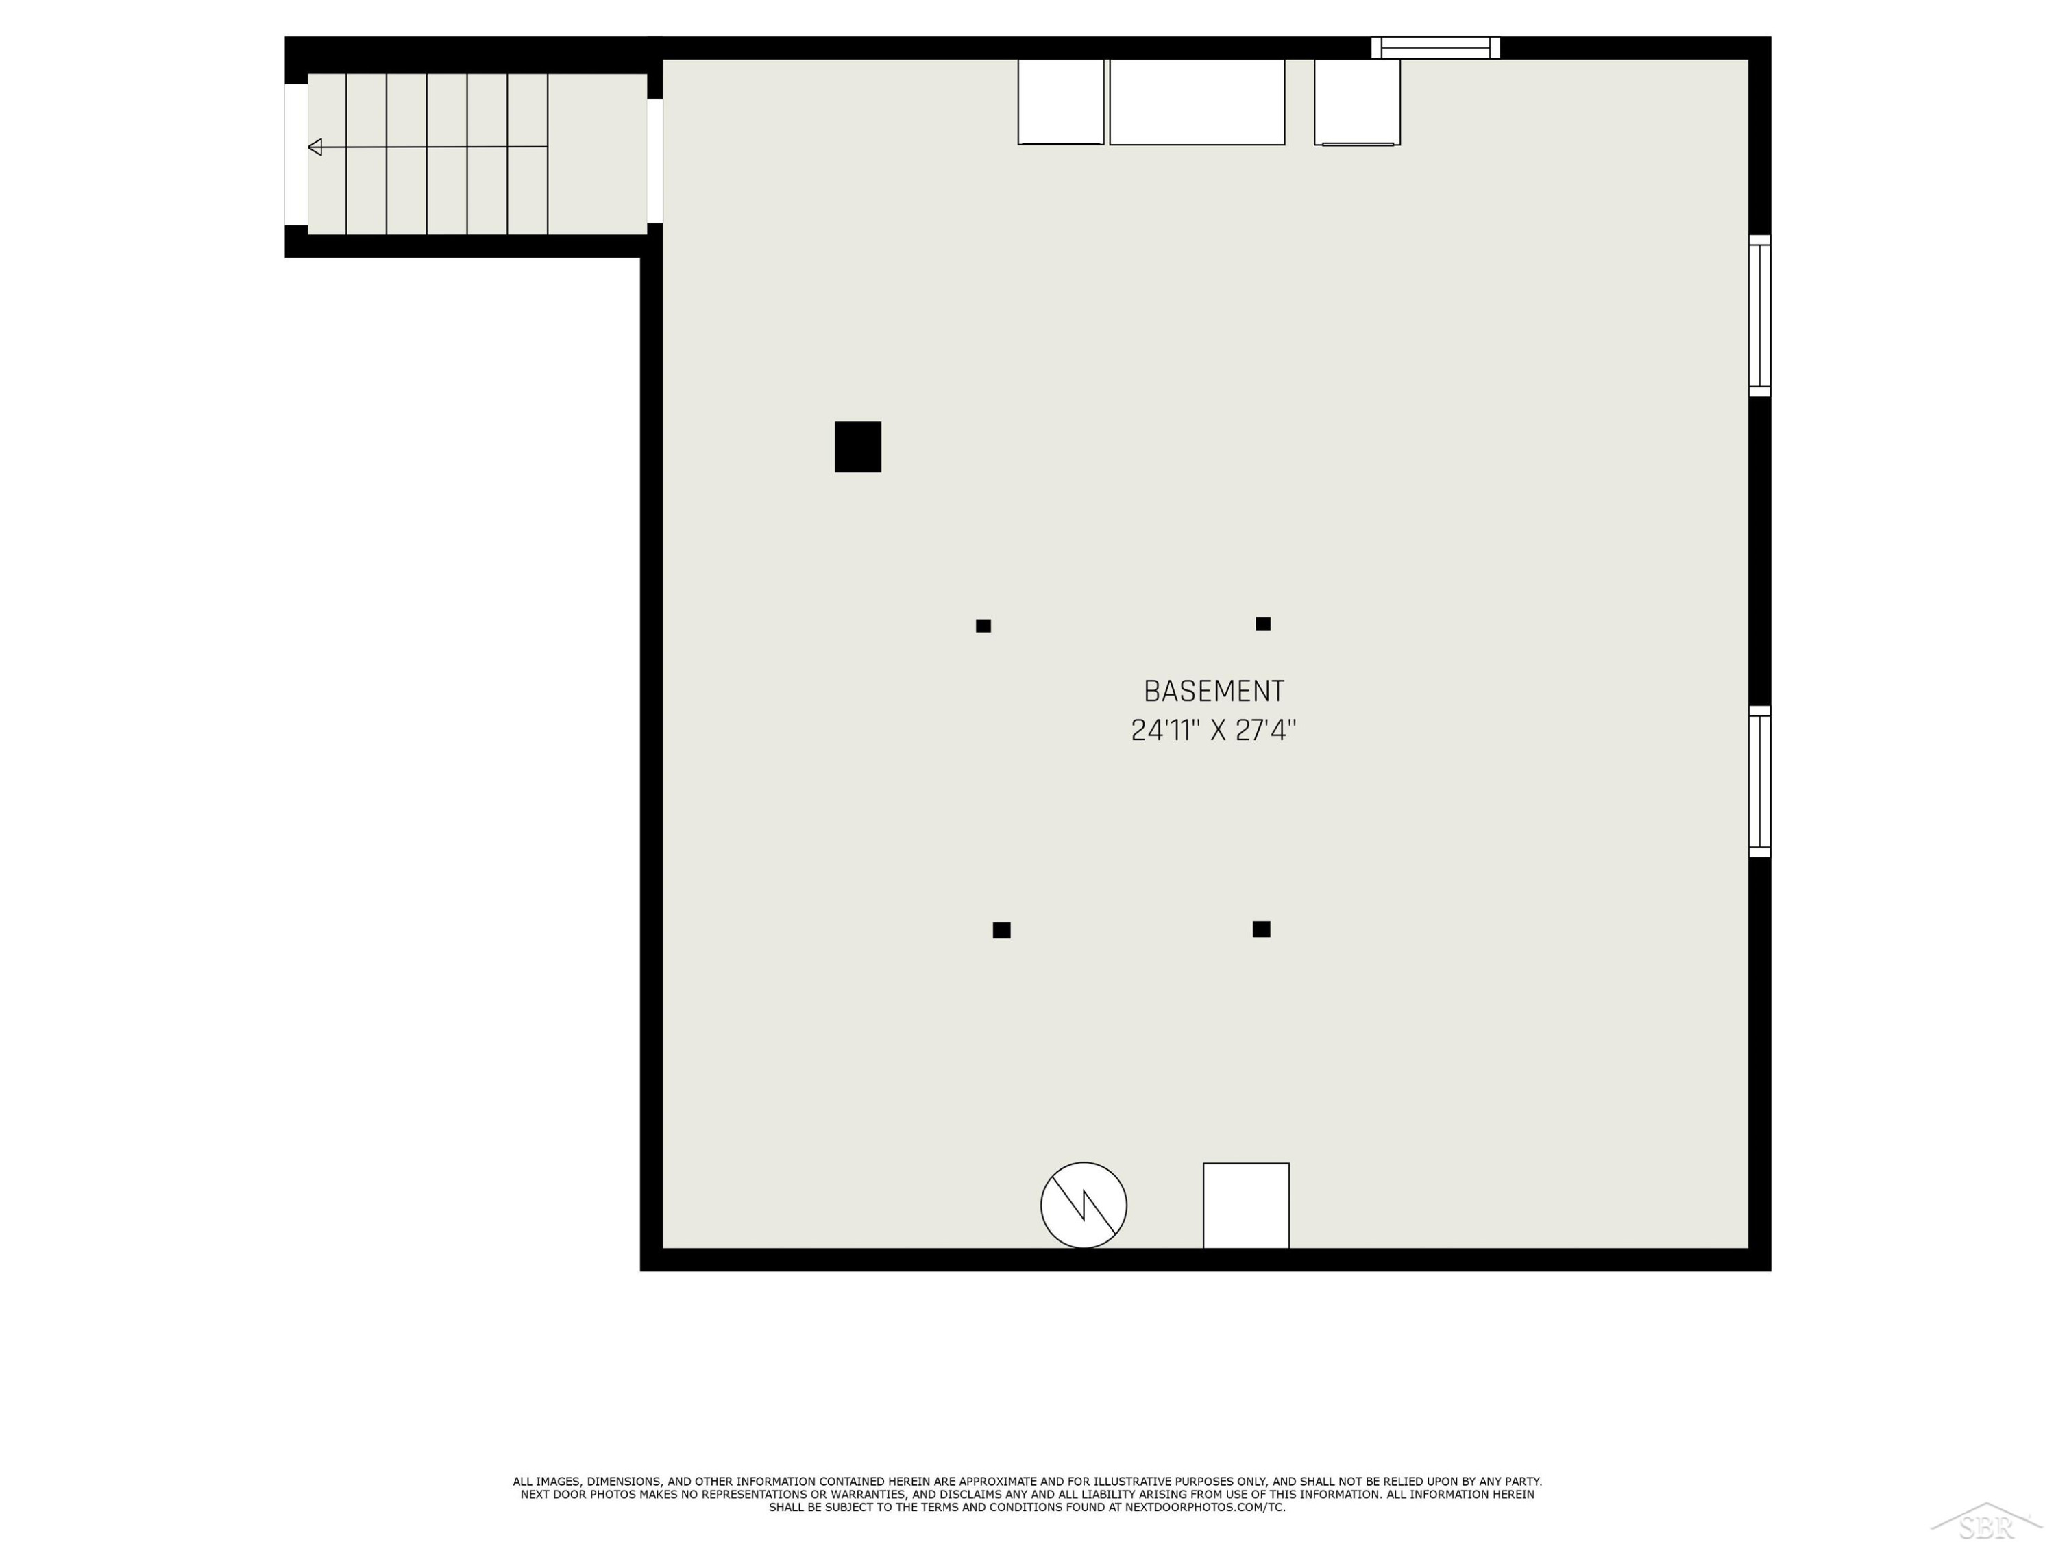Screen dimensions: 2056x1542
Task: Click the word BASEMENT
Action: [x=1214, y=692]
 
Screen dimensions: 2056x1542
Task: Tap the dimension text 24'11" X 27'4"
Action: [x=1214, y=731]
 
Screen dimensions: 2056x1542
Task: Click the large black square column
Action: [x=858, y=447]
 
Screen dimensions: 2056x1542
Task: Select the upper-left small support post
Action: [x=983, y=626]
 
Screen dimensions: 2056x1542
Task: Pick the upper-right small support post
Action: [x=1263, y=624]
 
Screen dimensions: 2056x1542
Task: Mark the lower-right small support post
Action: [x=1261, y=929]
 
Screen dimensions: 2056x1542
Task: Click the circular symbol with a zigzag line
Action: [x=1084, y=1206]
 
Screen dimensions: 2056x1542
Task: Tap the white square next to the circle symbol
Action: [x=1247, y=1206]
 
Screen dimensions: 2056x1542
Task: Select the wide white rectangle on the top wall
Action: [x=1197, y=102]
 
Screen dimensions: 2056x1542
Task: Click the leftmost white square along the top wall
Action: [x=1060, y=102]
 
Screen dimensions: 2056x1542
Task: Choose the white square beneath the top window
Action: [x=1357, y=102]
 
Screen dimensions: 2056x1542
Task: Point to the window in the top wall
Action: [x=1436, y=47]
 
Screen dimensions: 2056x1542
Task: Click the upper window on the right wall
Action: [x=1759, y=316]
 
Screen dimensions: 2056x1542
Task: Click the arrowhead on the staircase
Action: [x=315, y=147]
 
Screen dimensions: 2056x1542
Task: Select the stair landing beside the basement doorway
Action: [x=598, y=154]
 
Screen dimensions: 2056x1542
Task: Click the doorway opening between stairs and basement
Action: [x=655, y=161]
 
